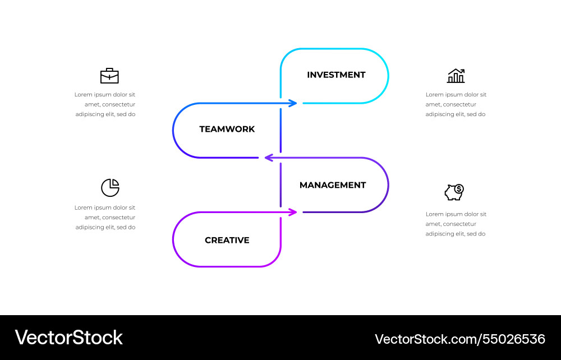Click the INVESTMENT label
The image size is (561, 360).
point(336,75)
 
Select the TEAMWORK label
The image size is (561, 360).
point(227,129)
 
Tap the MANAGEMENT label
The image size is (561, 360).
point(333,185)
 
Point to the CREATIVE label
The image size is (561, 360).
point(227,240)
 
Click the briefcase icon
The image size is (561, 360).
point(109,76)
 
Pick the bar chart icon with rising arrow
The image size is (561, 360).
point(456,76)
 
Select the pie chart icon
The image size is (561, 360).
point(110,188)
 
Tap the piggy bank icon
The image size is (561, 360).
point(454,193)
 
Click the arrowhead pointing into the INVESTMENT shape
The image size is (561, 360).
point(293,103)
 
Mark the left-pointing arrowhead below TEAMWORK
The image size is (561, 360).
point(268,158)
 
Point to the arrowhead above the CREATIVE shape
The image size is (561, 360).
point(293,212)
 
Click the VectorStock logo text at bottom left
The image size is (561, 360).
point(68,338)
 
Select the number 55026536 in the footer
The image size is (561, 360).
point(512,339)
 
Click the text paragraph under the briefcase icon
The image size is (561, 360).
point(105,104)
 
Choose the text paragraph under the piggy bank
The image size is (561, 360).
point(456,224)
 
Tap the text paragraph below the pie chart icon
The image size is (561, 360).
point(105,217)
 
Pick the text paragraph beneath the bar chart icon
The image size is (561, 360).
point(456,104)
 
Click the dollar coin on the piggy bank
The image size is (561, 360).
point(459,188)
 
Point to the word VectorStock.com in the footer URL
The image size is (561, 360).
point(424,339)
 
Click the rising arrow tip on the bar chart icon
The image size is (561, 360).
point(463,71)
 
